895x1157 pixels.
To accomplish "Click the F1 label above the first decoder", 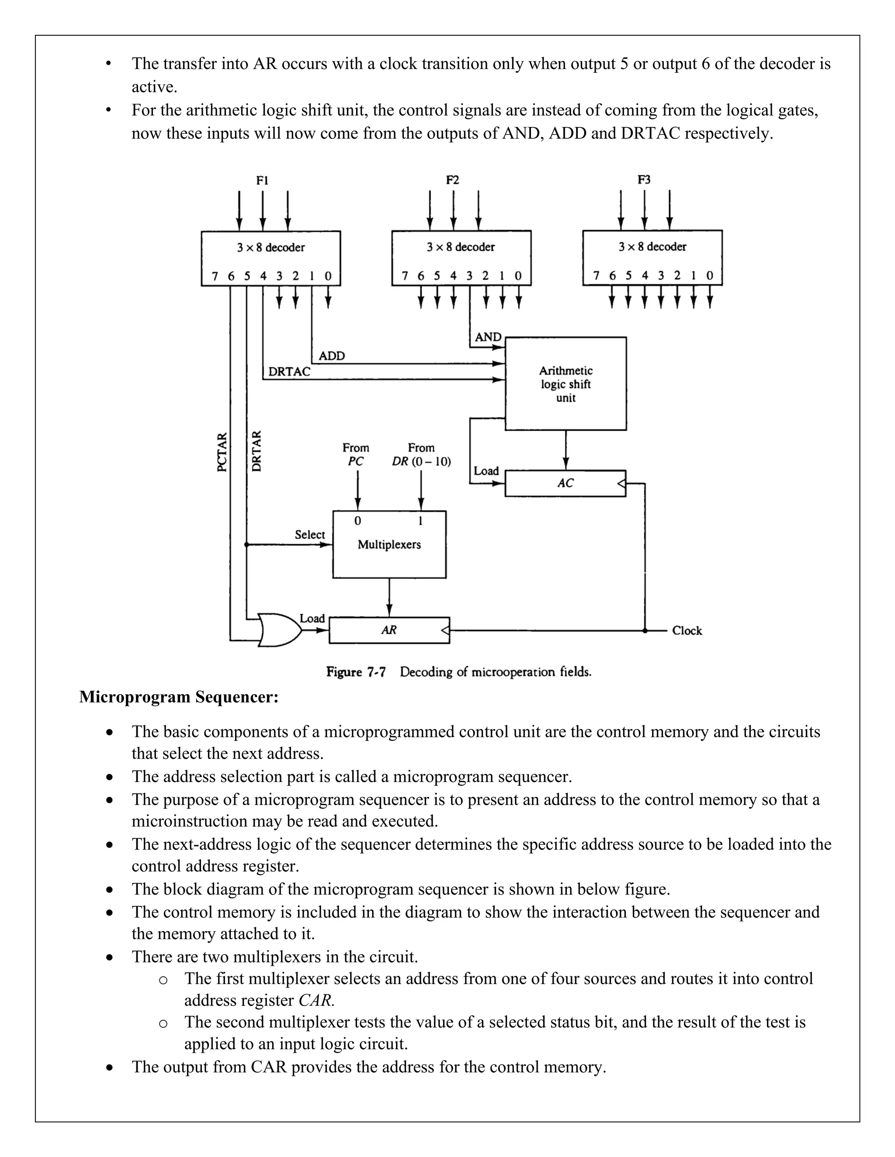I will pyautogui.click(x=262, y=181).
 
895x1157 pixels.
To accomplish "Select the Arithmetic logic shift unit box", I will pyautogui.click(x=565, y=383).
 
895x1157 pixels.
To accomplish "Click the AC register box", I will pyautogui.click(x=565, y=483).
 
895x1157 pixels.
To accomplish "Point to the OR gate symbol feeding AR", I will pyautogui.click(x=278, y=630).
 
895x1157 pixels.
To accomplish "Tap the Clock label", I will pyautogui.click(x=687, y=630).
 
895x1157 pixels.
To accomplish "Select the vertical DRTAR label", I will pyautogui.click(x=257, y=451).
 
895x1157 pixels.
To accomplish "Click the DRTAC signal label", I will pyautogui.click(x=289, y=372).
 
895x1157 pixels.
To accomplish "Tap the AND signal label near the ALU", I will pyautogui.click(x=488, y=337).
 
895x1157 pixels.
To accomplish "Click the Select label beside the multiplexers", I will pyautogui.click(x=310, y=534).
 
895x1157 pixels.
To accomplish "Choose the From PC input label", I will pyautogui.click(x=356, y=455).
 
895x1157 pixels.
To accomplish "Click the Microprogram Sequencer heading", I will pyautogui.click(x=179, y=697).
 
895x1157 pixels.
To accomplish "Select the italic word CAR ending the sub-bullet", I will pyautogui.click(x=316, y=1000).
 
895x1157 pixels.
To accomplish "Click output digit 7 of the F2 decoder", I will pyautogui.click(x=405, y=276).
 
